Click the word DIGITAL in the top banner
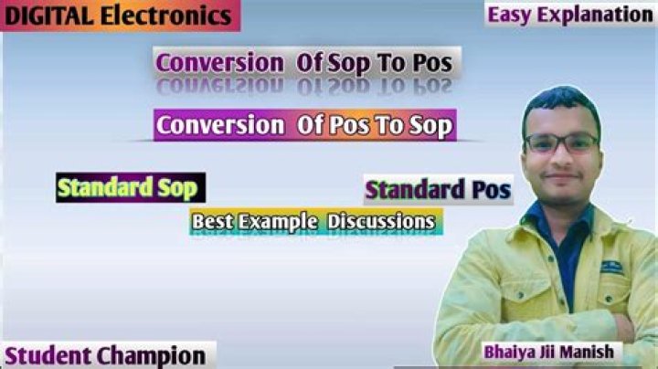point(49,16)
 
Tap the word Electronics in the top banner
point(166,16)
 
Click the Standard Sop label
point(131,187)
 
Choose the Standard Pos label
point(438,190)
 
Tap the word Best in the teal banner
point(212,221)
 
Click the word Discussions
point(381,221)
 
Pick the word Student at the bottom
point(48,355)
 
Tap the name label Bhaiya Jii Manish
point(549,352)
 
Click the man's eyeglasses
point(561,143)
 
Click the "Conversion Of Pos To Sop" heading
point(305,125)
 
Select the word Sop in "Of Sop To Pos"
point(349,63)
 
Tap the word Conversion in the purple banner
point(220,125)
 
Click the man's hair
point(561,105)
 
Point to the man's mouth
point(561,176)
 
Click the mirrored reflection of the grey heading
point(304,87)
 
